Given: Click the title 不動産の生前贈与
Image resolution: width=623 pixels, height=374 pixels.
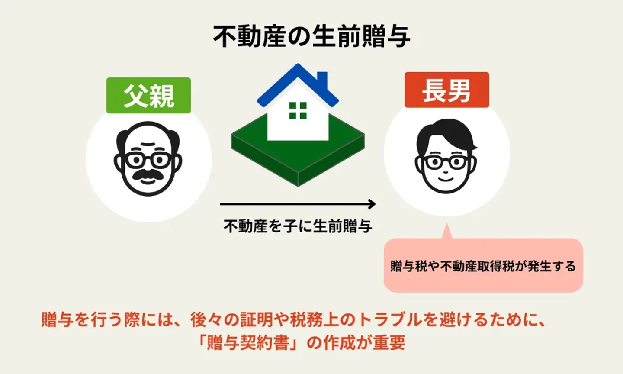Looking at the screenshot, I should [311, 36].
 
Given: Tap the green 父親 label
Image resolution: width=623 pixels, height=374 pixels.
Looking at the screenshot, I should [148, 95].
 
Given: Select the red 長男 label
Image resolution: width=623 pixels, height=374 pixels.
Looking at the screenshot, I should [446, 90].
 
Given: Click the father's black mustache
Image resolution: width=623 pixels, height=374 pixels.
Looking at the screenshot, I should [148, 174].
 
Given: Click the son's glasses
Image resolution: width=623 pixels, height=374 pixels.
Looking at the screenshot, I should [446, 162].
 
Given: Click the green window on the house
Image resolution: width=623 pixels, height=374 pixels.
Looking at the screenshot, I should [298, 110].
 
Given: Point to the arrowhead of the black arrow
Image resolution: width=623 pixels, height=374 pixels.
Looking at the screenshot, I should [372, 204].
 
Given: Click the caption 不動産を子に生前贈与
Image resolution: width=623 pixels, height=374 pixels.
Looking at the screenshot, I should [298, 226].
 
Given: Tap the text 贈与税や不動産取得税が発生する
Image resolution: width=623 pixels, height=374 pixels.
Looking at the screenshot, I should [483, 266].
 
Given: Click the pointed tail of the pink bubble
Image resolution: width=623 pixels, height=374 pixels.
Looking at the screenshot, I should [446, 232].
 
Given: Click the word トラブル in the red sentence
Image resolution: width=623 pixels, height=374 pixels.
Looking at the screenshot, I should [388, 320].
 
